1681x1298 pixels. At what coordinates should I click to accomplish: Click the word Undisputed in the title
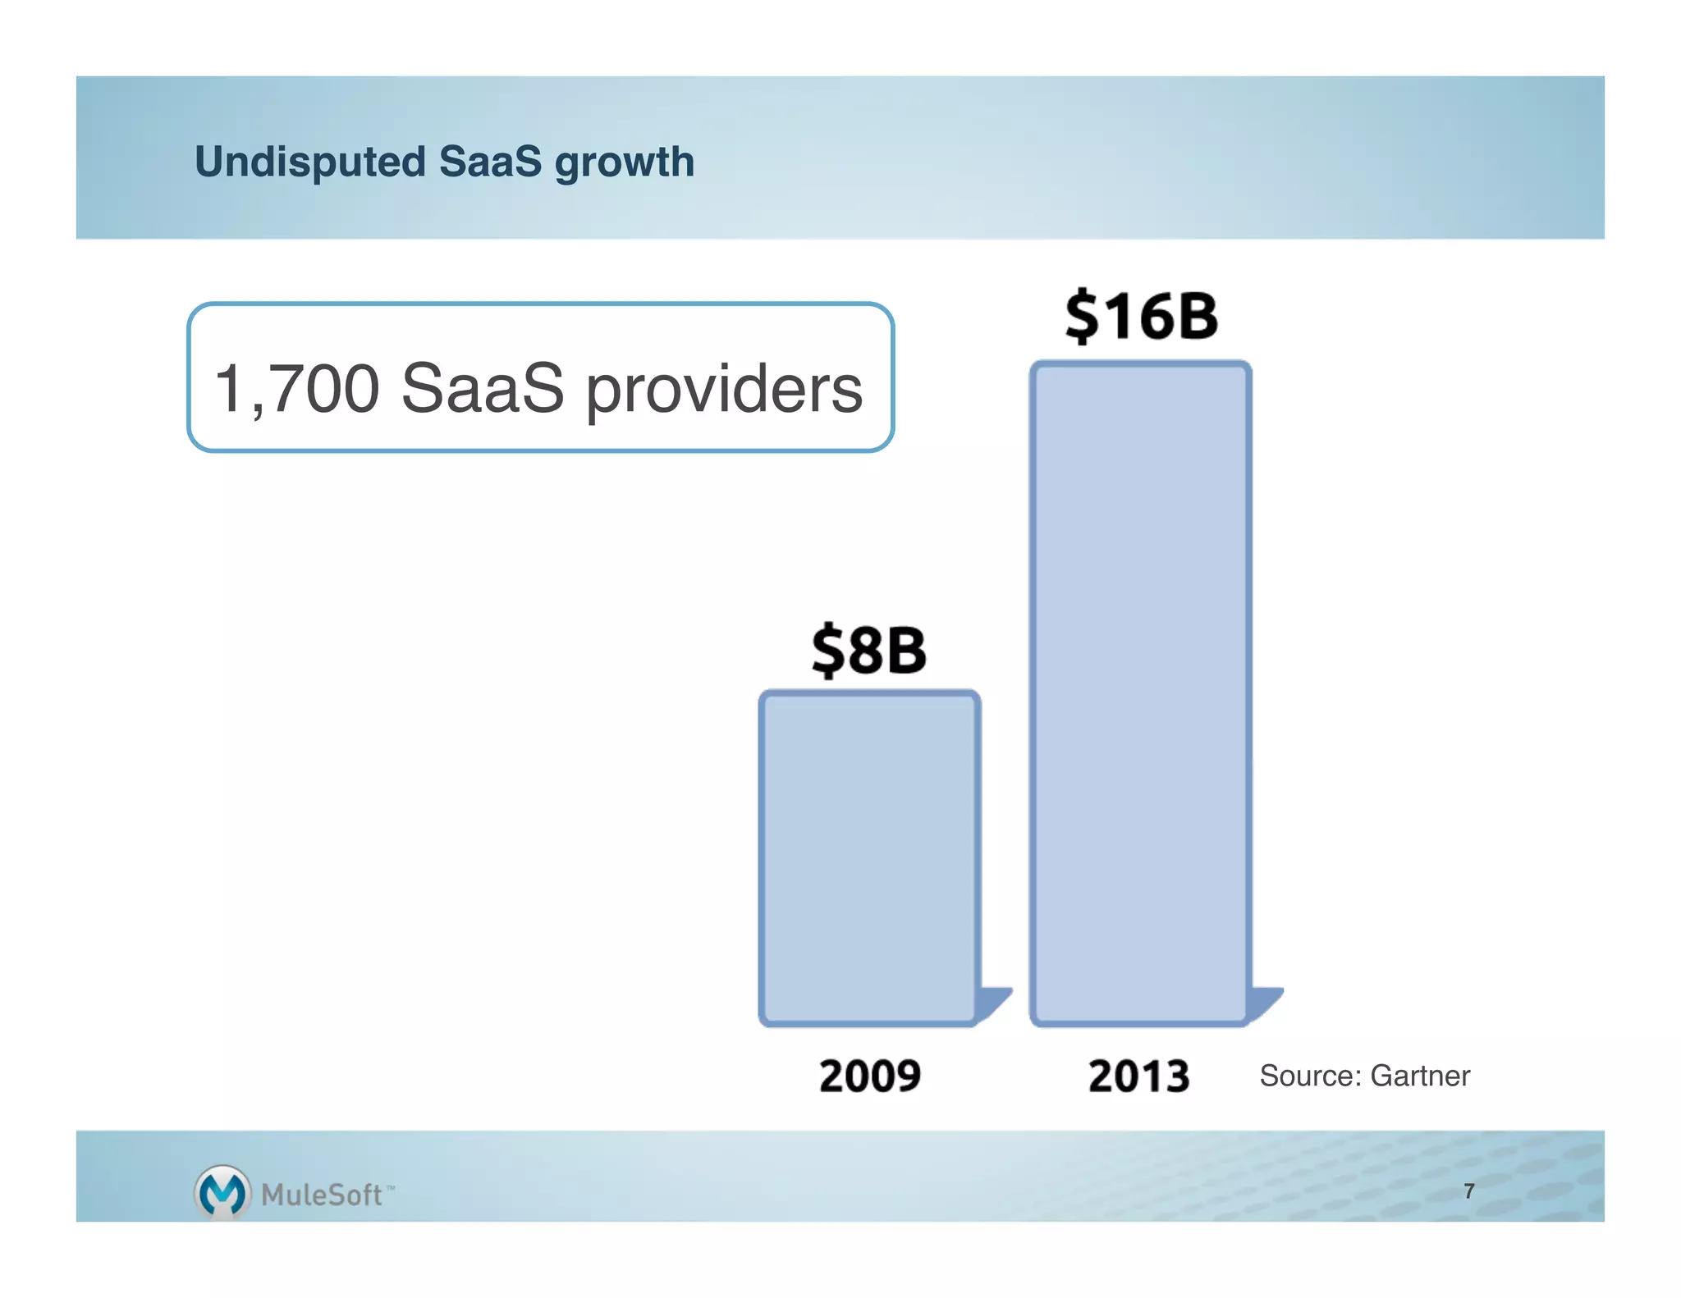tap(309, 162)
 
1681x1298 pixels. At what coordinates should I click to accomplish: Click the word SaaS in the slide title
tap(490, 162)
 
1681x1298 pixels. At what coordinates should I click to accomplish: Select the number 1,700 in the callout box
tap(296, 388)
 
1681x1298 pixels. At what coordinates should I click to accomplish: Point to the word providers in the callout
tap(723, 390)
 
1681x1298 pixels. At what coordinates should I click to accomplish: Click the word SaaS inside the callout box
tap(483, 388)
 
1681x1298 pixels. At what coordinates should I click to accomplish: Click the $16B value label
tap(1141, 316)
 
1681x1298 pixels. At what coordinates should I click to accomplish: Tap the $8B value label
tap(869, 650)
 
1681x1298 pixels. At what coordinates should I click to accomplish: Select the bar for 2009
tap(869, 857)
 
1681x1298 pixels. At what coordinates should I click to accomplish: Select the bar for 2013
tap(1140, 693)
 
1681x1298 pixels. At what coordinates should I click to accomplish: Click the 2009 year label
tap(870, 1076)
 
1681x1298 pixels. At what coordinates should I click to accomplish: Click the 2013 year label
tap(1139, 1076)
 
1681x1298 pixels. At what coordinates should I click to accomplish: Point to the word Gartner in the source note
tap(1420, 1076)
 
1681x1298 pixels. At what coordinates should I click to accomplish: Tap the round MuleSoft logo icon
tap(222, 1191)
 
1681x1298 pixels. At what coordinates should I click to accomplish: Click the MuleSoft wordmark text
tap(322, 1195)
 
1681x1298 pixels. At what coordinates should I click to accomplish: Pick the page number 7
tap(1469, 1191)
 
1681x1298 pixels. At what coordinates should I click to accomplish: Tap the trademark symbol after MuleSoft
tap(390, 1187)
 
